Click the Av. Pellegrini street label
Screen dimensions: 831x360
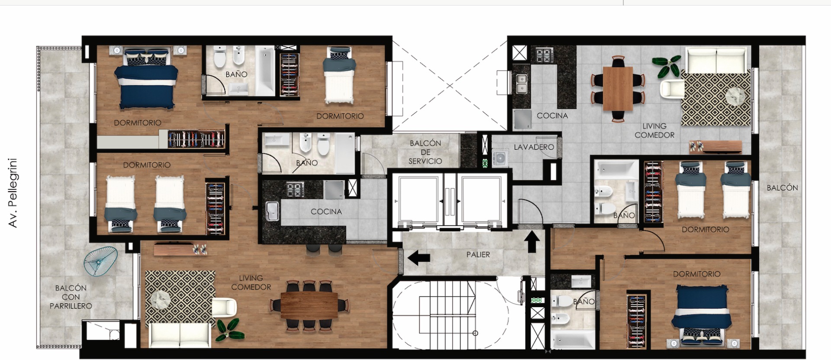click(13, 193)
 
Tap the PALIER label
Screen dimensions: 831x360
click(478, 254)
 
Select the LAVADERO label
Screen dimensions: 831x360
click(534, 147)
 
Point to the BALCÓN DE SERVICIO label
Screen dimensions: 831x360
click(425, 152)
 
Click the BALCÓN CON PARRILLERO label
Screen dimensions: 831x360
click(71, 297)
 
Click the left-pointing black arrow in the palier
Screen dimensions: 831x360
click(419, 257)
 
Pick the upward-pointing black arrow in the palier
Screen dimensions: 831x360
click(532, 241)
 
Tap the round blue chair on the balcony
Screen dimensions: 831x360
click(100, 261)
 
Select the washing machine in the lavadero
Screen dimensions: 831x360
click(500, 158)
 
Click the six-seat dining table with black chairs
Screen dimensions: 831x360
click(309, 305)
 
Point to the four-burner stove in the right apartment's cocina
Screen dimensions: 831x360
click(545, 55)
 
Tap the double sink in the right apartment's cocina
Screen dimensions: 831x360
click(521, 84)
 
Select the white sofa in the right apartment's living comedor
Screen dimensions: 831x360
click(716, 61)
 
